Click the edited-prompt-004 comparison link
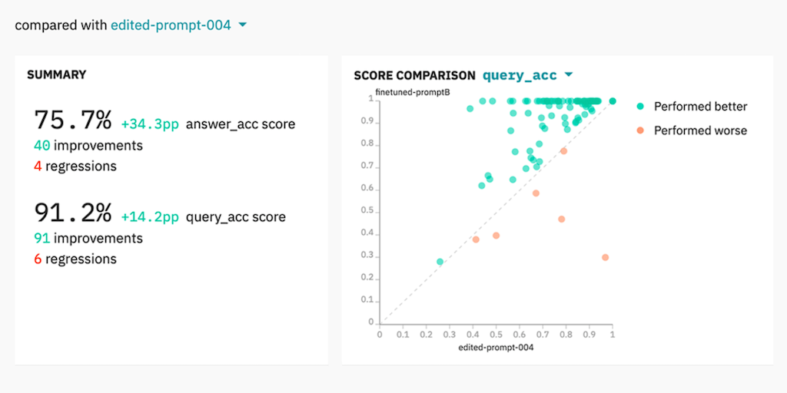(x=171, y=25)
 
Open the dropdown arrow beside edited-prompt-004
(x=242, y=25)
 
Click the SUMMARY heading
(x=56, y=75)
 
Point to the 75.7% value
(x=73, y=121)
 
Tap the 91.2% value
(x=73, y=213)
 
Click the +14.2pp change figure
(x=150, y=217)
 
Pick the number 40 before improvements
(x=42, y=145)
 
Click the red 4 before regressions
(x=38, y=166)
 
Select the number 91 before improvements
(x=42, y=238)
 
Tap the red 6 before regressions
(x=38, y=259)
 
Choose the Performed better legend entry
(x=692, y=107)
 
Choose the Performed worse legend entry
(x=692, y=130)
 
